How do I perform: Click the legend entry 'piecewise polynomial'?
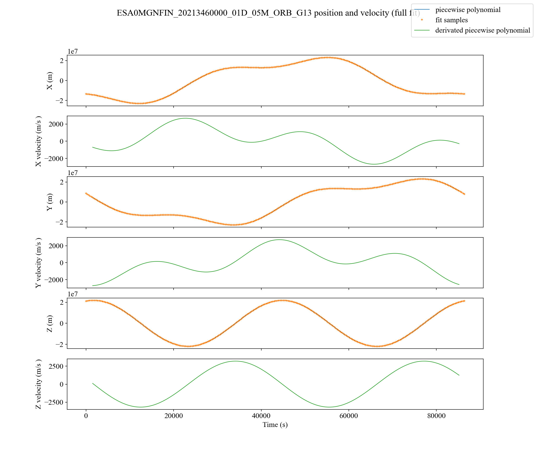[467, 10]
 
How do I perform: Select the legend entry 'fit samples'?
[451, 20]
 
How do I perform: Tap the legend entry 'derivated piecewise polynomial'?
[482, 30]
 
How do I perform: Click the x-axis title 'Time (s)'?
[275, 425]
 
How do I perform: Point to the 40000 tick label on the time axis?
[261, 416]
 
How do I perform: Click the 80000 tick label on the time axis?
[436, 416]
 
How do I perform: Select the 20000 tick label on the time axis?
[173, 416]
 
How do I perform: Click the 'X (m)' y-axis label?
[49, 80]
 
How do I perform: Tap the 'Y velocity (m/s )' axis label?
[38, 263]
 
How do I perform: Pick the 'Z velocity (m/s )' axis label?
[38, 384]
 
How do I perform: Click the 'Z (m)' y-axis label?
[49, 323]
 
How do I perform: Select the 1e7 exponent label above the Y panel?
[73, 173]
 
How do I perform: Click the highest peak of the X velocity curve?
[186, 118]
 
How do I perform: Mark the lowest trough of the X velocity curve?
[374, 164]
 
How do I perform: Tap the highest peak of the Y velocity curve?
[279, 240]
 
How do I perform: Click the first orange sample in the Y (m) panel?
[86, 193]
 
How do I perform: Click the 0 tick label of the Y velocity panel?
[61, 263]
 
